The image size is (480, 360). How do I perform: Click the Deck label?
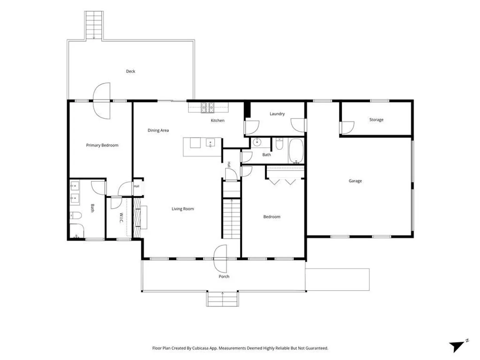[x=131, y=71]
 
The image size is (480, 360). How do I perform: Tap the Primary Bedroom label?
[x=102, y=145]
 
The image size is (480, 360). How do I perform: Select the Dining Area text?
[x=158, y=130]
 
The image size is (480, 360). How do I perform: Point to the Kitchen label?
[x=217, y=120]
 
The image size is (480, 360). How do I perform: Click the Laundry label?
[x=277, y=114]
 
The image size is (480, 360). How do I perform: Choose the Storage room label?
[x=376, y=120]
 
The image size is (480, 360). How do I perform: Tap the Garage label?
[x=355, y=181]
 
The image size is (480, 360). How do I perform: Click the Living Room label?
[x=183, y=209]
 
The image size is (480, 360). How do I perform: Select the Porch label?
[x=224, y=277]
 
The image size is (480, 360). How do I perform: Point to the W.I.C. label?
[x=121, y=218]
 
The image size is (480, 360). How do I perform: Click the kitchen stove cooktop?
[x=208, y=107]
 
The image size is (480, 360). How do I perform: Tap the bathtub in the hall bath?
[x=296, y=151]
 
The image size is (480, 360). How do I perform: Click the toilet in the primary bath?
[x=75, y=215]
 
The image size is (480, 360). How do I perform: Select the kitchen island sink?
[x=210, y=143]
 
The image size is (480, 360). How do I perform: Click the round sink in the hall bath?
[x=257, y=142]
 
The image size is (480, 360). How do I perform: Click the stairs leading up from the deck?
[x=94, y=25]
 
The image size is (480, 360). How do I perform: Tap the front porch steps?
[x=222, y=299]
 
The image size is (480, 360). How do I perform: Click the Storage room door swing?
[x=347, y=128]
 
